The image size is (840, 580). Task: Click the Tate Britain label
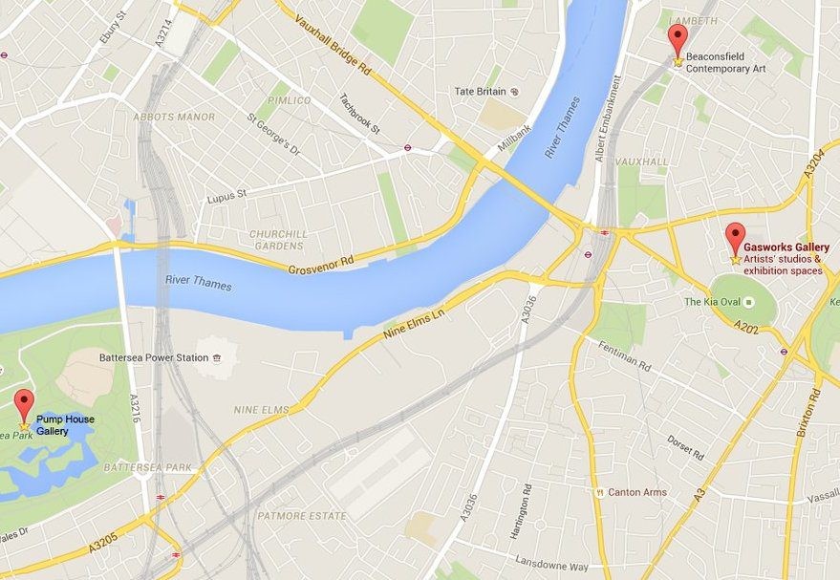point(480,92)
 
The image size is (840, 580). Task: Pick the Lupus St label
point(226,197)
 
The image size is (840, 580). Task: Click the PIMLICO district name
point(289,100)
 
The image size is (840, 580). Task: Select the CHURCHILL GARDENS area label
point(279,239)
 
